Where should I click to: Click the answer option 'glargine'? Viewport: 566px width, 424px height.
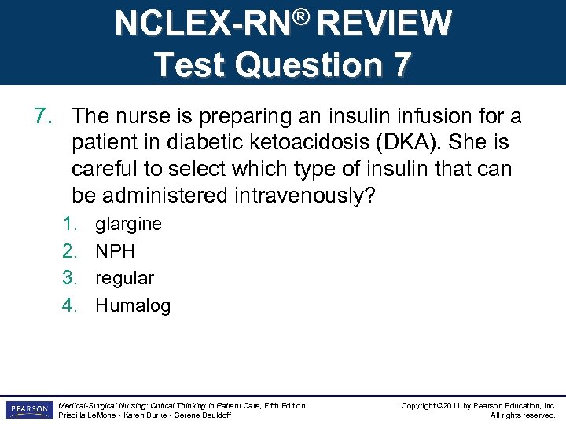128,225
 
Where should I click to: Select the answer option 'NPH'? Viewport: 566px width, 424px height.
115,251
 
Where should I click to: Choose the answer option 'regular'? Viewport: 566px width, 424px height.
124,279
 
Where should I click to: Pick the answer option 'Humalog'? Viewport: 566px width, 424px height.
133,305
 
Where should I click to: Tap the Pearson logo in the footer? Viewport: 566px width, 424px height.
28,410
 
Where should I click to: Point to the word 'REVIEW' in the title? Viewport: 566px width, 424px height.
385,24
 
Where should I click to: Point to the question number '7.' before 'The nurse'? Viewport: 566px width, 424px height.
44,117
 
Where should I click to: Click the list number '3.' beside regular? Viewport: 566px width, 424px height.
72,279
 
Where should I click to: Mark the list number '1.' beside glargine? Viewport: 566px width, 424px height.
72,225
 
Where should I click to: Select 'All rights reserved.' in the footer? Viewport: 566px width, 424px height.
523,415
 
